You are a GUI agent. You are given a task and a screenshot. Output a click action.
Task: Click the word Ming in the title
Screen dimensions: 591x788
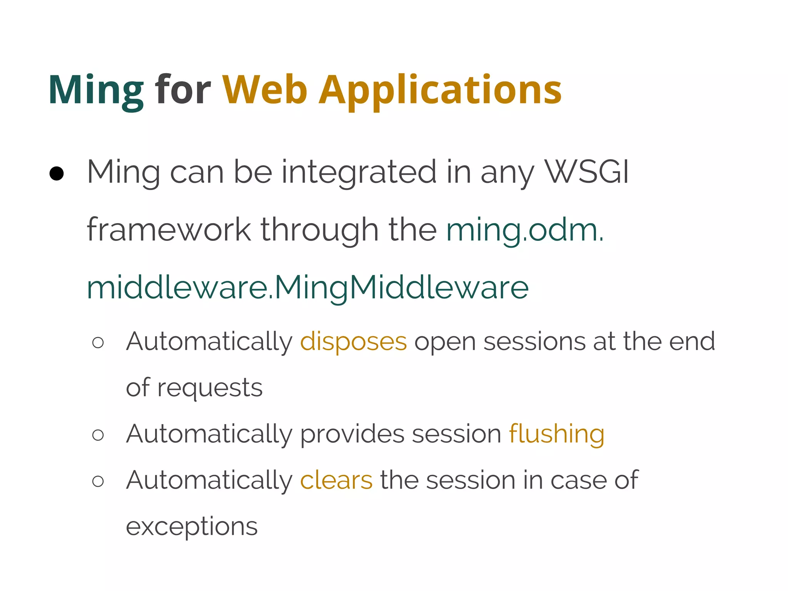(x=95, y=91)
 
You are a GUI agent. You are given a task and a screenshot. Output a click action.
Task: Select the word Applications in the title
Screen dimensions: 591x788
(x=440, y=91)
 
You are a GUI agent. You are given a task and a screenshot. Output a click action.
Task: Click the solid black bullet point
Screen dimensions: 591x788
(x=57, y=174)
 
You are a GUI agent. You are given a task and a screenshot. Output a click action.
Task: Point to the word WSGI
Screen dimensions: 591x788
(x=587, y=172)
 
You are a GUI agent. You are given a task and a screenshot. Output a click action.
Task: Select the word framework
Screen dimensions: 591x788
(x=169, y=230)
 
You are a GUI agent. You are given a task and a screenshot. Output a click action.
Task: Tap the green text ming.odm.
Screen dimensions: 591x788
(x=525, y=230)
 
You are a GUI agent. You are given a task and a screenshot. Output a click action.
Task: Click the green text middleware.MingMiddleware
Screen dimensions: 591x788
(x=307, y=288)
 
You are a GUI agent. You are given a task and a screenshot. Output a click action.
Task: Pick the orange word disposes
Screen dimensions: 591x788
(x=353, y=342)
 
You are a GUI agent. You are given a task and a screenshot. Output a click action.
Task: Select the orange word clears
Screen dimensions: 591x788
(x=336, y=481)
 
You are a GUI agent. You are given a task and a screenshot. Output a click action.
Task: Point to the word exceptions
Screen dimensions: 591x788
(x=192, y=527)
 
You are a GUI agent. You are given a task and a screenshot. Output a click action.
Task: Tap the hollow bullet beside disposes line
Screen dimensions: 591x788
(x=98, y=342)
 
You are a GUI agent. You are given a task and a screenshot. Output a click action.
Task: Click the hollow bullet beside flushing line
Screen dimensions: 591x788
(x=98, y=435)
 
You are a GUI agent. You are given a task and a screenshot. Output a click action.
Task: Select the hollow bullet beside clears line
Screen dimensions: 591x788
(x=98, y=481)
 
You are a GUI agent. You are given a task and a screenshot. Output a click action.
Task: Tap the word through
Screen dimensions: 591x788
(x=319, y=230)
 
